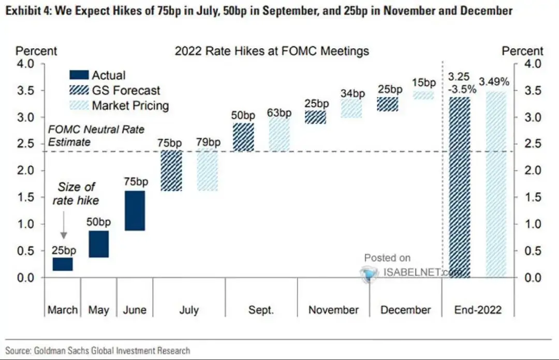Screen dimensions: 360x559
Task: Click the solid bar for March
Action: (x=63, y=264)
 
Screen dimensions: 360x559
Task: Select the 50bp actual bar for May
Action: (x=98, y=244)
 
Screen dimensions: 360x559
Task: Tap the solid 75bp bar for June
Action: (x=135, y=210)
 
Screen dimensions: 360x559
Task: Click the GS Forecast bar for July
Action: (x=171, y=171)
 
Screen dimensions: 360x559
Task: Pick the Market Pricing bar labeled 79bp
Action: (x=207, y=171)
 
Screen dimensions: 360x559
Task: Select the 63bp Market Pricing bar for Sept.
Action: (x=279, y=134)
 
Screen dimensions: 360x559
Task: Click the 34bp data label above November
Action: (x=351, y=94)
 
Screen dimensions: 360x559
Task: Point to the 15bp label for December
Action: (x=423, y=82)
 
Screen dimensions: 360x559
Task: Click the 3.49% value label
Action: (x=494, y=82)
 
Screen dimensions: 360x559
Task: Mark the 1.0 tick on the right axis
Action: (x=533, y=224)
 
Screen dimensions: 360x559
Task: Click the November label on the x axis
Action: (x=333, y=310)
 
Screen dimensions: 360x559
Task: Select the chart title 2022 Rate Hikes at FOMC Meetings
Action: (x=272, y=51)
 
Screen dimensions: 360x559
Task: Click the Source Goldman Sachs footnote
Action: (x=98, y=351)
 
